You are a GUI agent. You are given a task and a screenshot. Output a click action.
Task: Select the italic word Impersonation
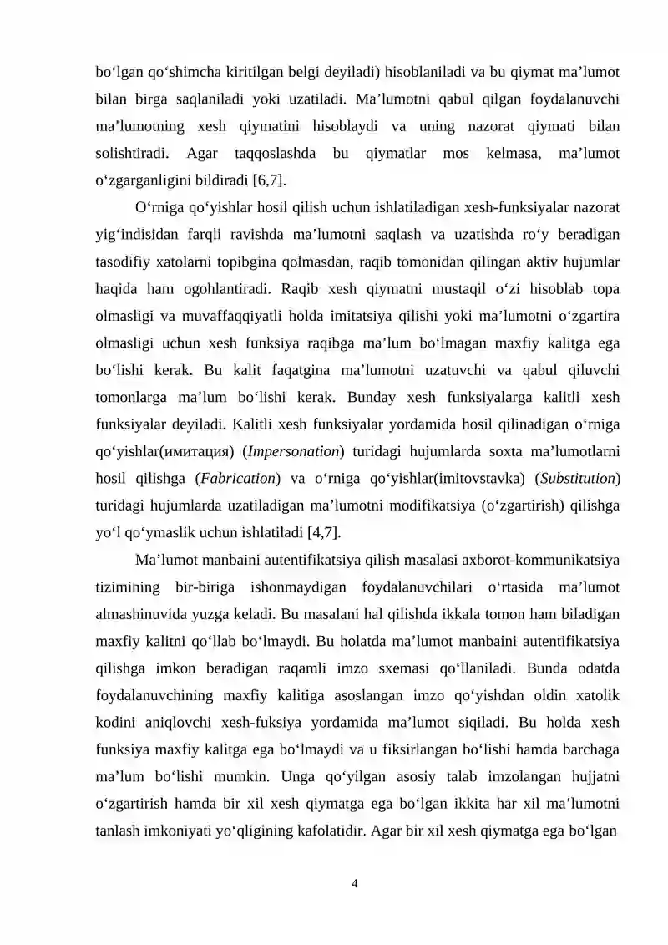[292, 453]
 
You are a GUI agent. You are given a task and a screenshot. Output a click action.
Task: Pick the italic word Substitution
[579, 479]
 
